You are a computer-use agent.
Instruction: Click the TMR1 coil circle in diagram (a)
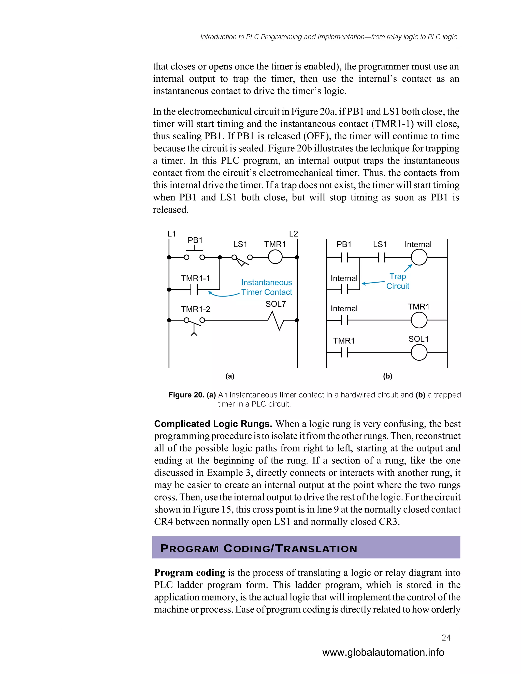tap(275, 257)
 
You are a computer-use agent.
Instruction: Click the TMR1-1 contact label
tap(195, 278)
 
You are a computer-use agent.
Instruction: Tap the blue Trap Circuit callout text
tap(398, 281)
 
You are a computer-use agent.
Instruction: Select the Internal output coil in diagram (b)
tap(419, 257)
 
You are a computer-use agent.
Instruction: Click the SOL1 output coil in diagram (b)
tap(419, 353)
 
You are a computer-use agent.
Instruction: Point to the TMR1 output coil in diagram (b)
tap(419, 320)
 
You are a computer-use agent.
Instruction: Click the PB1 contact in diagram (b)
tap(344, 257)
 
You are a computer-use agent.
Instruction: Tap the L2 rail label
tap(293, 234)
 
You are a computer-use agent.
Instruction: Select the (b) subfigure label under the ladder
tap(387, 376)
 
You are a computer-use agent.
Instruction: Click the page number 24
tap(446, 638)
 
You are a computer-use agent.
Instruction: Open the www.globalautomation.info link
tap(383, 652)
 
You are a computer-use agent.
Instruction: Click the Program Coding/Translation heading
tap(259, 548)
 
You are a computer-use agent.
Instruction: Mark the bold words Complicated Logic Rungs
tap(213, 424)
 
